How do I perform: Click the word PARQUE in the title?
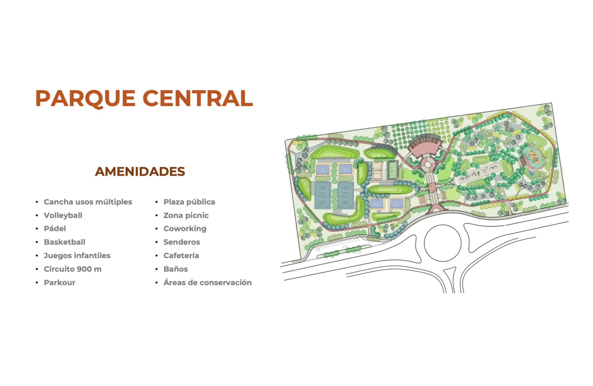click(x=85, y=98)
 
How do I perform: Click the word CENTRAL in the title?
click(x=198, y=98)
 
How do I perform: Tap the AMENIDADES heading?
click(x=140, y=172)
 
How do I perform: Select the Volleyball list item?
click(x=63, y=215)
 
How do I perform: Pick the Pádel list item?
click(x=55, y=229)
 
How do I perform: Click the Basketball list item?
click(x=65, y=242)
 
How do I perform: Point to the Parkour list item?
click(x=60, y=282)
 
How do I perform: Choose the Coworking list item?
click(x=185, y=229)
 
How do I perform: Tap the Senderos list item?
click(x=182, y=242)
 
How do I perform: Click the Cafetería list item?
click(x=181, y=256)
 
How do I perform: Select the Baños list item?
click(x=176, y=269)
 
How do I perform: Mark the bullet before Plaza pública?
click(x=156, y=202)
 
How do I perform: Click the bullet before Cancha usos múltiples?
click(x=37, y=202)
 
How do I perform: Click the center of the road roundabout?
click(x=443, y=243)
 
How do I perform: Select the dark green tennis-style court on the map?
click(x=392, y=170)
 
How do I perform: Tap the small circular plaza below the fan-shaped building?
click(x=428, y=164)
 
